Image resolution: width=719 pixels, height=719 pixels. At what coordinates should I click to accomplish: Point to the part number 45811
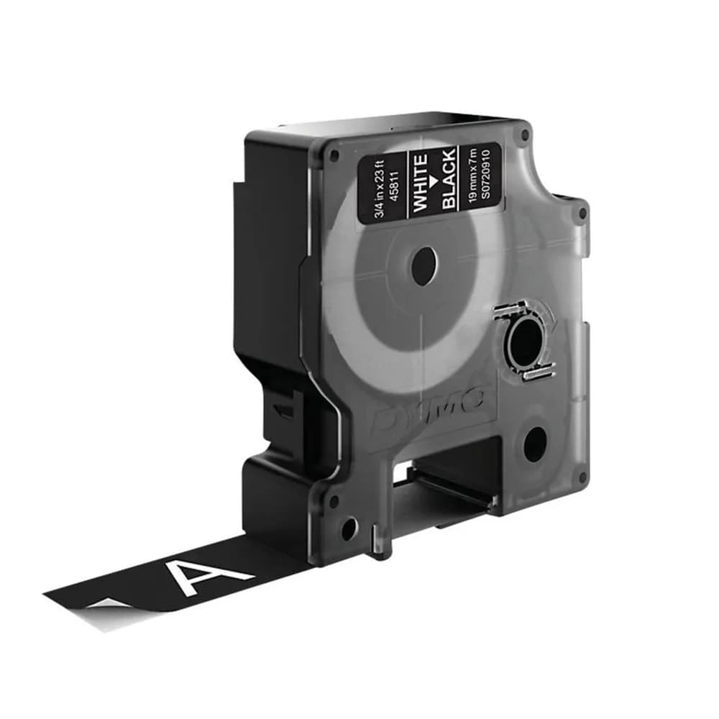pos(393,192)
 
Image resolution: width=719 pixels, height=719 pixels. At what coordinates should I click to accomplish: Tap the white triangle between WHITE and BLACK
pos(435,181)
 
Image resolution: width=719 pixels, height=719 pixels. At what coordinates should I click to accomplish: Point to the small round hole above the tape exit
pos(348,530)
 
